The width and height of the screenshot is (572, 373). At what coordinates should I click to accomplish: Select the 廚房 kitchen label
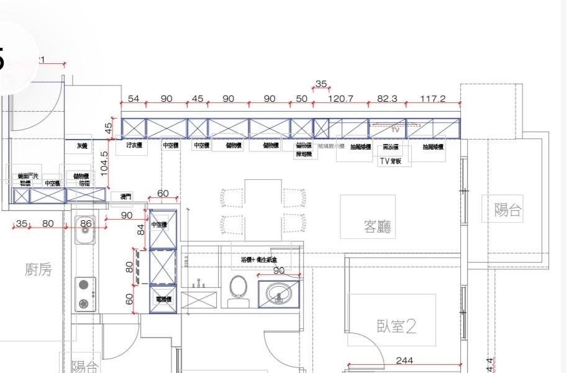[x=38, y=269]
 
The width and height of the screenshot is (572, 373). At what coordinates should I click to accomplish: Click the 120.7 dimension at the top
[x=340, y=99]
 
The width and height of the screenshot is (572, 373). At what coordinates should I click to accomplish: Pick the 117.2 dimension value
[x=432, y=99]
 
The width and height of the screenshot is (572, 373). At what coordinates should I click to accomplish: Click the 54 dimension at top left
[x=133, y=99]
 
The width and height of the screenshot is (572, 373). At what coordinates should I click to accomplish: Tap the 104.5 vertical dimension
[x=104, y=163]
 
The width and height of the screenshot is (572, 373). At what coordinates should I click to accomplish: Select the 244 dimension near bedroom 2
[x=404, y=361]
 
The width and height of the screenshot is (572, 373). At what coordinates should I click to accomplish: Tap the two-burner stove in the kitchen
[x=84, y=294]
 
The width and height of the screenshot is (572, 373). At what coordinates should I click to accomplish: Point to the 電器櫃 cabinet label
[x=163, y=299]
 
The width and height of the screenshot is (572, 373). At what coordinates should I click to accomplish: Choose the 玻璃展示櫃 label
[x=335, y=146]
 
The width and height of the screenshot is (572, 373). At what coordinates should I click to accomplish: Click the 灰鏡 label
[x=82, y=146]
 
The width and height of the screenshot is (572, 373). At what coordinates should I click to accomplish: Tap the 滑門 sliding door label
[x=125, y=197]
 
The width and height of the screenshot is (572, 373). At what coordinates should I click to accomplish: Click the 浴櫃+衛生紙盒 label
[x=267, y=259]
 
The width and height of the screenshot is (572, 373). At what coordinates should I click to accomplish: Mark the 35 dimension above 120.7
[x=321, y=84]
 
